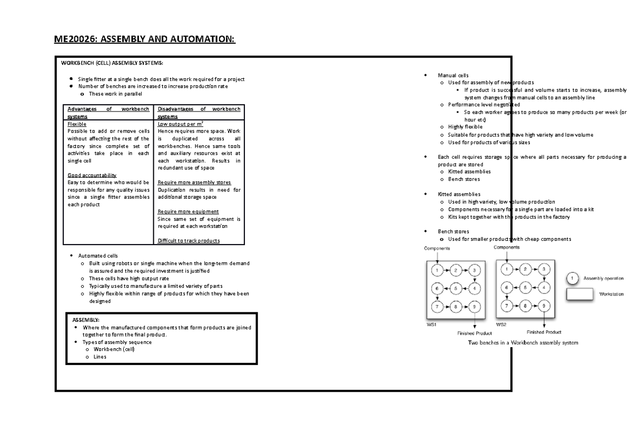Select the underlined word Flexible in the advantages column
77,124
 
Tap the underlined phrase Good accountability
92,175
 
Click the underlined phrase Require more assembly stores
194,183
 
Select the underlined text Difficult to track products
189,241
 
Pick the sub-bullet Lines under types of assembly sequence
100,357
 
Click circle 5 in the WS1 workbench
456,288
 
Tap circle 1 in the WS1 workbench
437,270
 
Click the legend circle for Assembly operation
574,278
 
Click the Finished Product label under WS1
475,333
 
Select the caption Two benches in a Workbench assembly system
523,343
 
